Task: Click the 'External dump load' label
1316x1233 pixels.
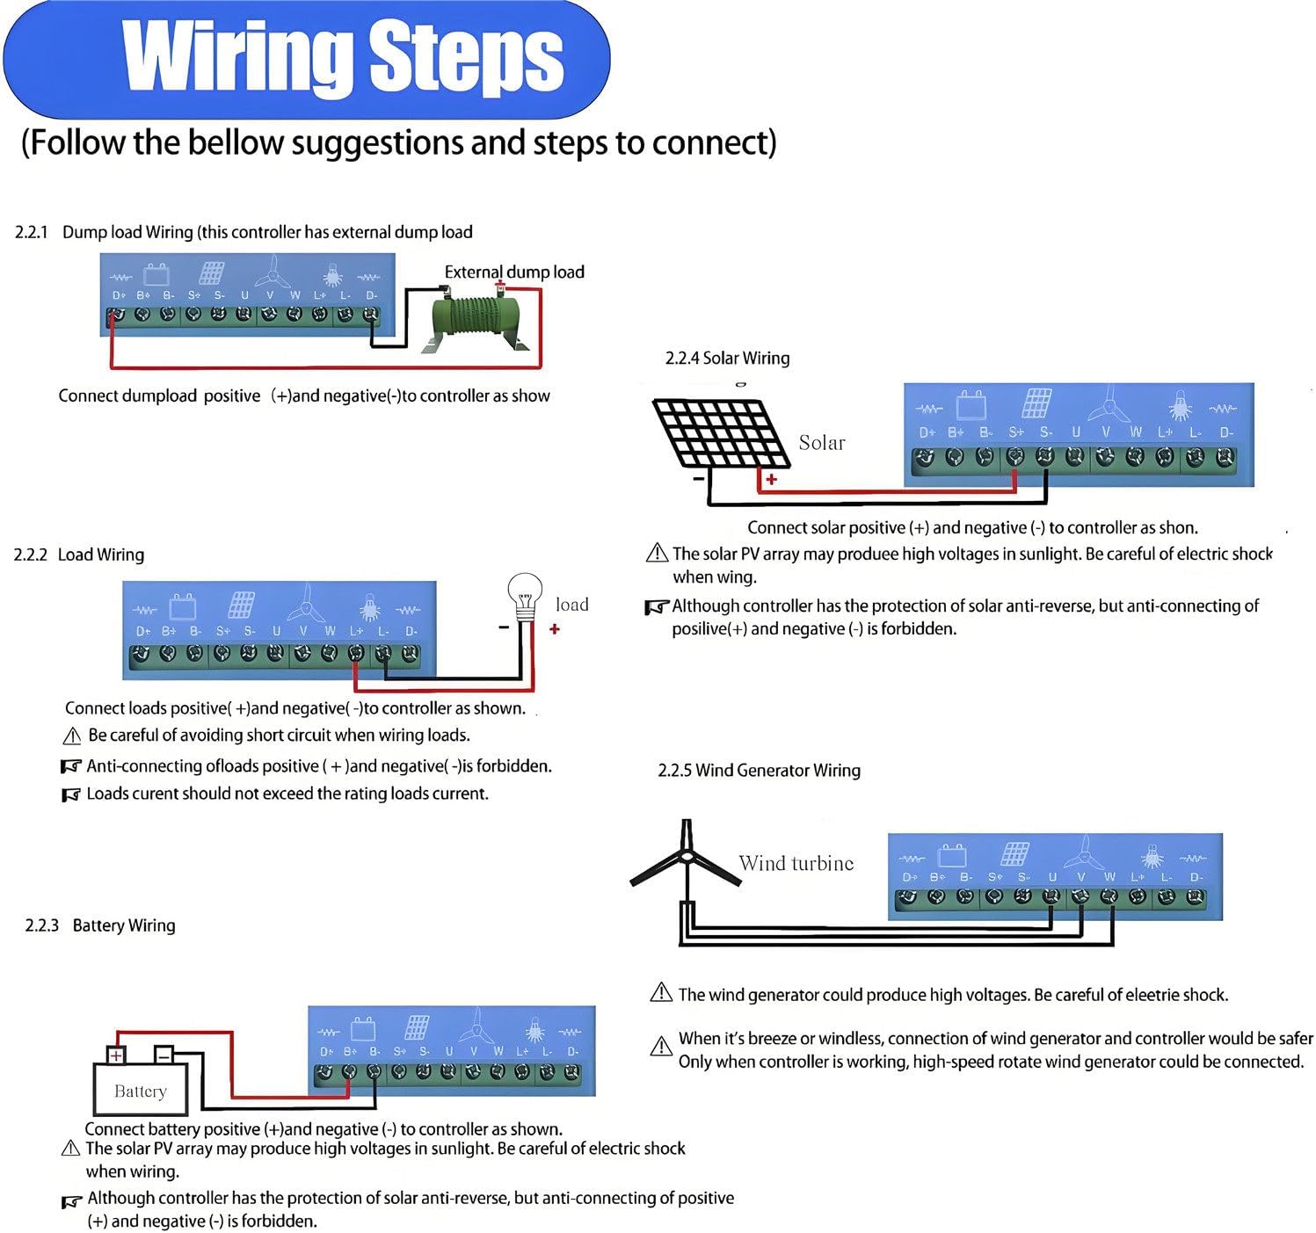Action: pos(514,272)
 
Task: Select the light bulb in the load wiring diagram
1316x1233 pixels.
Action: pos(525,592)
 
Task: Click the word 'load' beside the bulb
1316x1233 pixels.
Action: pos(571,605)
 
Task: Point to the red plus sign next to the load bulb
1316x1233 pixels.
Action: pos(555,629)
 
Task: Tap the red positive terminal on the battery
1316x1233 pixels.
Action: pos(116,1055)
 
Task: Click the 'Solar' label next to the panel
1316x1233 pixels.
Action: pos(821,443)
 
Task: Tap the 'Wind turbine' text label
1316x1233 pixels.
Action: pos(796,864)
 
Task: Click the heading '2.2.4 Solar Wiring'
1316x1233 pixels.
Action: pos(727,359)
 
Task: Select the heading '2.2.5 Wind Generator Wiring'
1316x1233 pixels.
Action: pos(759,771)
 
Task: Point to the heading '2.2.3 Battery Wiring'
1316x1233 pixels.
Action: pos(100,925)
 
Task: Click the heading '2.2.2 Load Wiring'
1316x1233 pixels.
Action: pos(79,555)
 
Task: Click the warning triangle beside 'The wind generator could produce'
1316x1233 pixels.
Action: pos(660,993)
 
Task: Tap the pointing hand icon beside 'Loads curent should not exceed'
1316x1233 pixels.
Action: pos(71,794)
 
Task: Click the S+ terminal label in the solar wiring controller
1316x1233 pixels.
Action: pos(1016,432)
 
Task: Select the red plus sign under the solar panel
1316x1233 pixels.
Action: pos(771,480)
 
